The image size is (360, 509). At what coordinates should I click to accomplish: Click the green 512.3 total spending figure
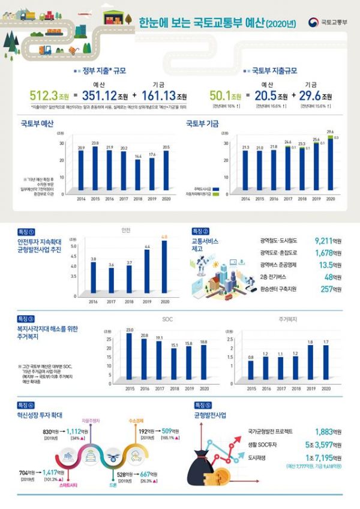42,95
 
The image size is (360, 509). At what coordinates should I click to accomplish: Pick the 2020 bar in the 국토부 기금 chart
330,163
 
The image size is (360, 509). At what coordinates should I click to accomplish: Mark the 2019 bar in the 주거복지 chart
311,362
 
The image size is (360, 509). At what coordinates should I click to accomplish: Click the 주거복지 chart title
289,319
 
